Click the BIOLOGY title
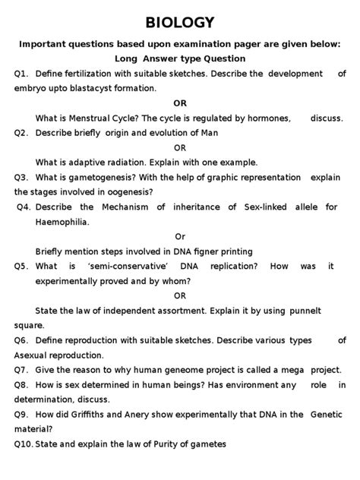click(x=180, y=22)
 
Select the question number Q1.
click(x=21, y=74)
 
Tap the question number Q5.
click(x=21, y=266)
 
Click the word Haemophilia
click(x=65, y=222)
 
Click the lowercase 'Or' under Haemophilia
click(x=180, y=236)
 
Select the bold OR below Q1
click(x=180, y=103)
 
